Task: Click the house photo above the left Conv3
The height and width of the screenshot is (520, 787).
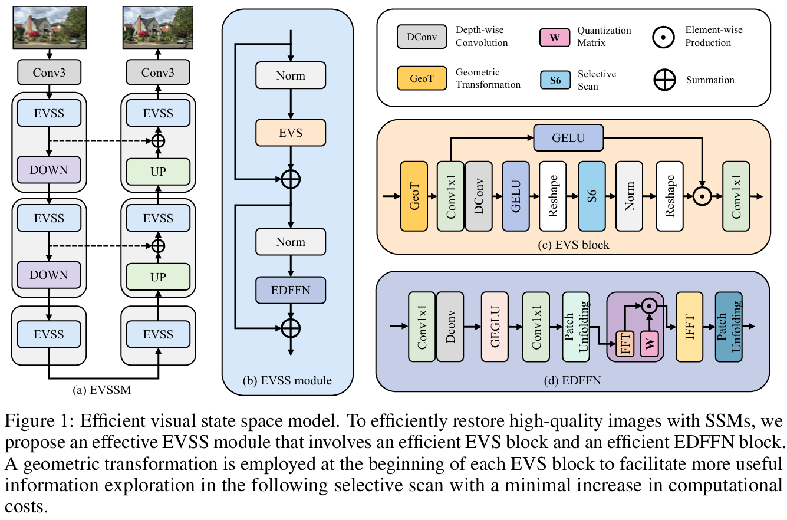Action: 49,27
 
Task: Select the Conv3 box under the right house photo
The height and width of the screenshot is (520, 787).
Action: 158,73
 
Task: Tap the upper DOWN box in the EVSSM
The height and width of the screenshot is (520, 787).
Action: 49,170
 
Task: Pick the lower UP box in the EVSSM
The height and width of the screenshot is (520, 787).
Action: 158,276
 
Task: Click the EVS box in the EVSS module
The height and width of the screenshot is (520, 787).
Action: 290,132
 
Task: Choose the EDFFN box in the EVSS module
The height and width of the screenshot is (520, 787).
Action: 290,290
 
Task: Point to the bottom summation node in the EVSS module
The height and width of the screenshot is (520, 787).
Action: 290,327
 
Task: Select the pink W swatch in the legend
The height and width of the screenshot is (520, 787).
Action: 555,37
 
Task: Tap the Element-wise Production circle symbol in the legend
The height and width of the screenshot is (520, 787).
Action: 664,37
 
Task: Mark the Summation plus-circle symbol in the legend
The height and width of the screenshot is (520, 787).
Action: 664,80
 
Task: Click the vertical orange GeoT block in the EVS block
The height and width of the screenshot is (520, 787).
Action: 413,196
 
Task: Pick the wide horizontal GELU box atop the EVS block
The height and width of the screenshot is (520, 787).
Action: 568,138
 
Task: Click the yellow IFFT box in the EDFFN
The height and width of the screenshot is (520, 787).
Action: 690,326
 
